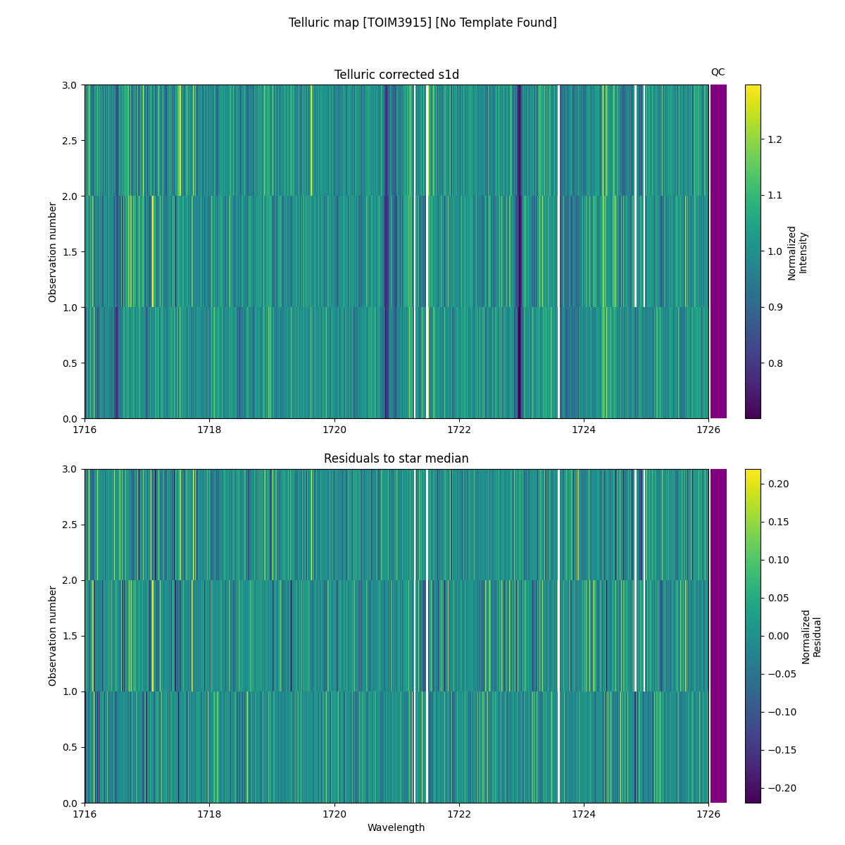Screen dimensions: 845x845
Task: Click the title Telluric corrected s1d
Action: tap(396, 75)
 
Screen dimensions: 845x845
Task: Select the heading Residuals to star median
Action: tap(396, 458)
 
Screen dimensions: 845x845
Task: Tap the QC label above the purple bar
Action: tap(718, 72)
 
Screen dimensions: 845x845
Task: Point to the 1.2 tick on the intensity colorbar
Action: tap(774, 139)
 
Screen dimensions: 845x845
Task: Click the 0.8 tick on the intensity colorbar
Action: tap(774, 363)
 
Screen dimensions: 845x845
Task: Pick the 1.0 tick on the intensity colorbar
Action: tap(774, 251)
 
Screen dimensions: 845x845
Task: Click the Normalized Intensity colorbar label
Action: tap(797, 252)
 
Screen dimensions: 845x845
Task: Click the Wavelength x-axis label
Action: tap(396, 827)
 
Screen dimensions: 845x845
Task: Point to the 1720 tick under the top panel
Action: tap(334, 430)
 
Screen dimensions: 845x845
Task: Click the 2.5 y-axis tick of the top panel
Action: tap(70, 140)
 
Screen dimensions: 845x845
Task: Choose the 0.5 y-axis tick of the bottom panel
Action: tap(70, 747)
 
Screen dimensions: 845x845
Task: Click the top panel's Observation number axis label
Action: tap(53, 251)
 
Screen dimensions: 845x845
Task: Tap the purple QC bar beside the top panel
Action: tap(718, 251)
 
